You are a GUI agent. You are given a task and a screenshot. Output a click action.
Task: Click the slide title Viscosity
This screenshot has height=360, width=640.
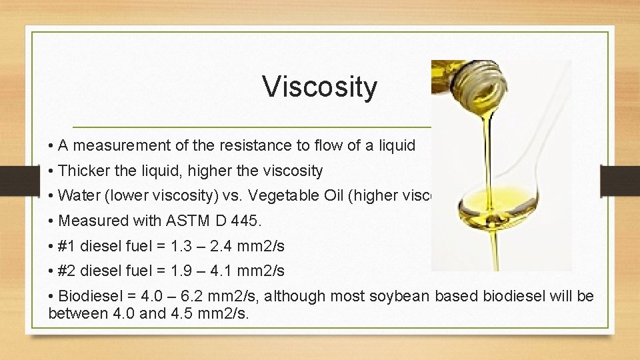(319, 87)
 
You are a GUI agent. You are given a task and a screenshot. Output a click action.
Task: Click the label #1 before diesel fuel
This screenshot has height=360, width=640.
(67, 245)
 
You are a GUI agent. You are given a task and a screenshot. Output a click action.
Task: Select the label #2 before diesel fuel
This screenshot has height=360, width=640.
(67, 270)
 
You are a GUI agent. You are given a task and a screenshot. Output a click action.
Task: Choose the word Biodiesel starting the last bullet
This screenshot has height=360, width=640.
(87, 296)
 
